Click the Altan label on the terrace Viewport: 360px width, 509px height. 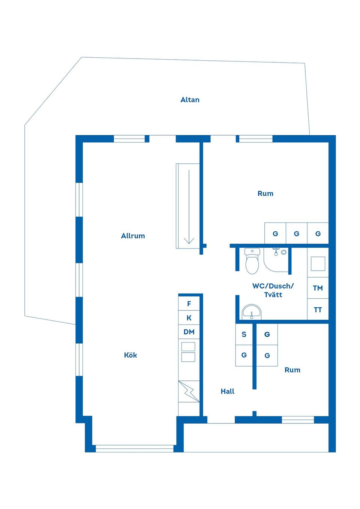190,100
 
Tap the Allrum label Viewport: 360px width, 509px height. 133,236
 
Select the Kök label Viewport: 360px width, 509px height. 130,355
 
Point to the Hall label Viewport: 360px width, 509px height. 227,391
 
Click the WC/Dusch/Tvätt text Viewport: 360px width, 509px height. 273,290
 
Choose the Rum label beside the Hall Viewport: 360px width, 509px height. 292,370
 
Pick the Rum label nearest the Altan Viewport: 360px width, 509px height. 265,193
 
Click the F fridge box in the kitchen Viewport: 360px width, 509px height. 189,304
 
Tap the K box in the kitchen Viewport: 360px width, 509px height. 189,318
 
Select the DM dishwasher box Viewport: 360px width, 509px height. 189,332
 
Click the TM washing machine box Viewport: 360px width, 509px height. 318,288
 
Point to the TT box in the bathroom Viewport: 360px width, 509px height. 318,310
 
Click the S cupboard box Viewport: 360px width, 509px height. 244,334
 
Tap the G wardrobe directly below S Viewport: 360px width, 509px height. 244,355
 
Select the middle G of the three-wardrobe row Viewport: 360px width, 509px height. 297,234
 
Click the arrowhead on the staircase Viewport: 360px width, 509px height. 189,240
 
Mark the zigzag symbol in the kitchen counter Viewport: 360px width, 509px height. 189,392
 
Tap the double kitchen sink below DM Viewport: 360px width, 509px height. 188,352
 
